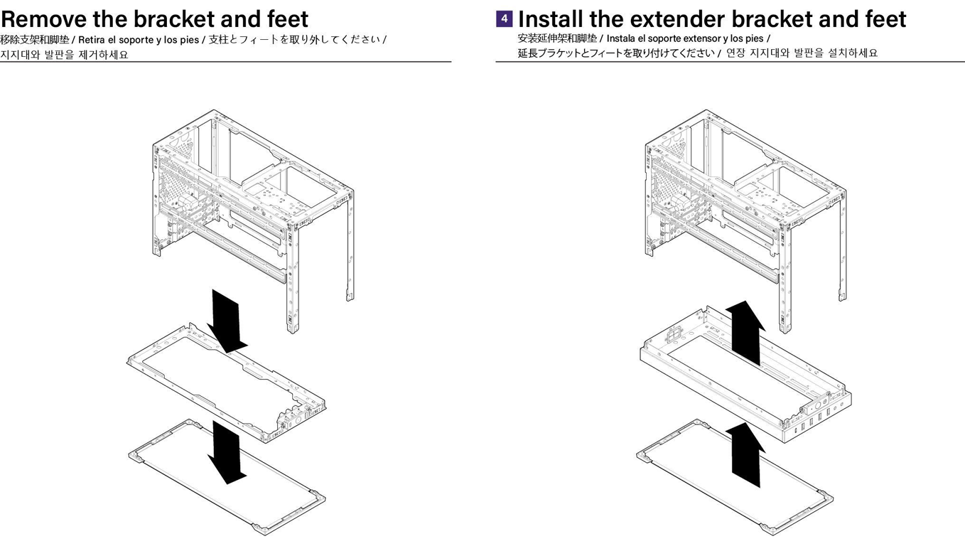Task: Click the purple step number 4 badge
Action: pyautogui.click(x=504, y=18)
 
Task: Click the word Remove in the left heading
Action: pyautogui.click(x=43, y=18)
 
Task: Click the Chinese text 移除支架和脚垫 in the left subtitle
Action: pyautogui.click(x=35, y=40)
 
